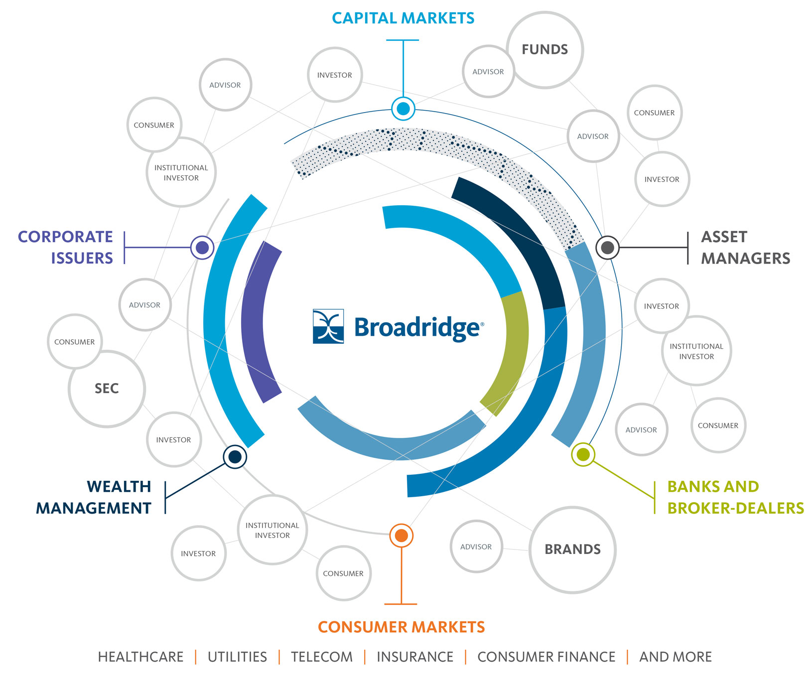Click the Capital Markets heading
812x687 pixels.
[x=403, y=18]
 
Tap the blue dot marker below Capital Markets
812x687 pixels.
[x=403, y=108]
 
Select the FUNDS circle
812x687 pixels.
[x=544, y=50]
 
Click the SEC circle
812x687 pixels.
[x=107, y=389]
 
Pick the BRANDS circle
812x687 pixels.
[x=572, y=550]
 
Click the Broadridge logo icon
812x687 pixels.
[x=328, y=326]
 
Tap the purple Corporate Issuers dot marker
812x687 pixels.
[x=202, y=247]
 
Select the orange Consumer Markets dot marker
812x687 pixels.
[x=401, y=536]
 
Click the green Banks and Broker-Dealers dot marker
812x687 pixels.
[x=583, y=454]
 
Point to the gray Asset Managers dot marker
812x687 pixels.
[x=608, y=247]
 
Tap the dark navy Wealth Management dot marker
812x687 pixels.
[x=235, y=456]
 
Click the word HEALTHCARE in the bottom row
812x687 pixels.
[x=140, y=657]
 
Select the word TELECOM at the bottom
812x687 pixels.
[x=321, y=657]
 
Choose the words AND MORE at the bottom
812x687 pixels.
[x=675, y=657]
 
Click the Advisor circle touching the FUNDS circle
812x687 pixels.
[x=487, y=72]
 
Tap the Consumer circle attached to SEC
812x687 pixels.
[x=74, y=342]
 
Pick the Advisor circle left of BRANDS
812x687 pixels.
[x=476, y=547]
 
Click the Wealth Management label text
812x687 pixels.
[x=94, y=497]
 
